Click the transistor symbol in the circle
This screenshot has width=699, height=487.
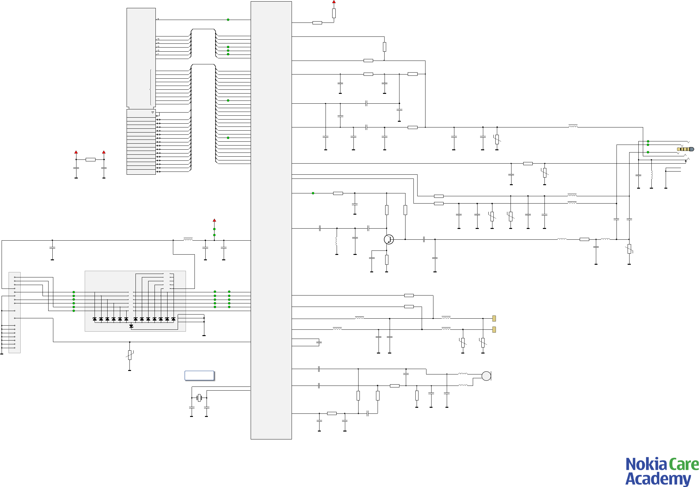point(389,239)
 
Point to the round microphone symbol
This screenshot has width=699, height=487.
point(486,376)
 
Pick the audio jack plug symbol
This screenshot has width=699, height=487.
point(685,149)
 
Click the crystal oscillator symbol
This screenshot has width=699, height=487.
point(199,398)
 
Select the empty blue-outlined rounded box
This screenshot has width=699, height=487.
point(199,375)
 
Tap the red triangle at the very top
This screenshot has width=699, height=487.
point(334,2)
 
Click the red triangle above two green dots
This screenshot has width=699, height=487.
point(214,220)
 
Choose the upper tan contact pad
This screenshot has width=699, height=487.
point(494,318)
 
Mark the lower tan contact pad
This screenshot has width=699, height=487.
point(494,329)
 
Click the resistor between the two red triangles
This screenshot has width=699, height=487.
point(90,159)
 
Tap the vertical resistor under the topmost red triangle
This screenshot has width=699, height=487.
point(334,13)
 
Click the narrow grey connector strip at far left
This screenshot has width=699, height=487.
point(15,312)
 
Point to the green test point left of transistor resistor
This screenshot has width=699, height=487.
point(313,193)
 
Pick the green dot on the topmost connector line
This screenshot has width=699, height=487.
point(228,20)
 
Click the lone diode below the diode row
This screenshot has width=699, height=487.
point(131,326)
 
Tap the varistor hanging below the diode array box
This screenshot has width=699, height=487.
point(129,355)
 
